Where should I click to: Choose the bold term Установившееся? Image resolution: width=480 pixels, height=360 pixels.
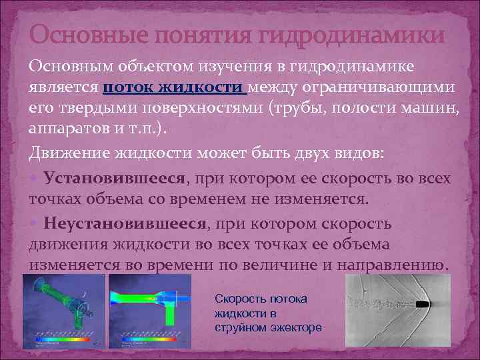coord(113,179)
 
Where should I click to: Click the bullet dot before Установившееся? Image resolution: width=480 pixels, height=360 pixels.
coord(34,179)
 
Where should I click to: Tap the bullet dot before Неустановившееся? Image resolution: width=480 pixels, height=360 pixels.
coord(34,224)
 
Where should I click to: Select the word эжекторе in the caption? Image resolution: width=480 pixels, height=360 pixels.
coord(297,327)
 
